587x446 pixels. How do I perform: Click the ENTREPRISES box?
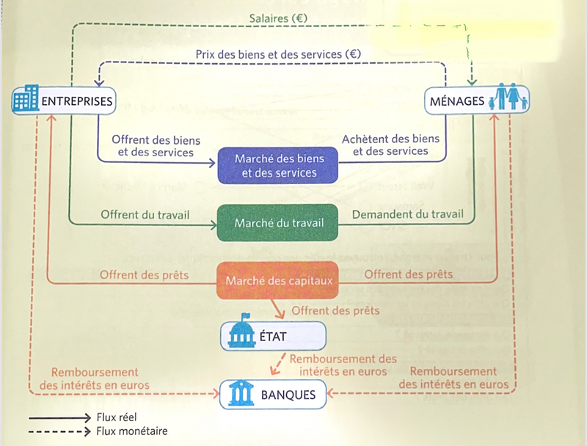click(65, 100)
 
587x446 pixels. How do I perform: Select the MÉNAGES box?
click(477, 101)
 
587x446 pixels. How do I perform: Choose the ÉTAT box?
click(273, 337)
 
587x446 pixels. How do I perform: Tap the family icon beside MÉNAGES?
click(508, 100)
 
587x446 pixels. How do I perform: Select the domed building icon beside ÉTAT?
click(241, 337)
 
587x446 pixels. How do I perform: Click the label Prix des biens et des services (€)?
click(278, 54)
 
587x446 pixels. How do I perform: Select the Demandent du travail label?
click(408, 215)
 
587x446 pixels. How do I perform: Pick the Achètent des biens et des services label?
click(390, 145)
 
